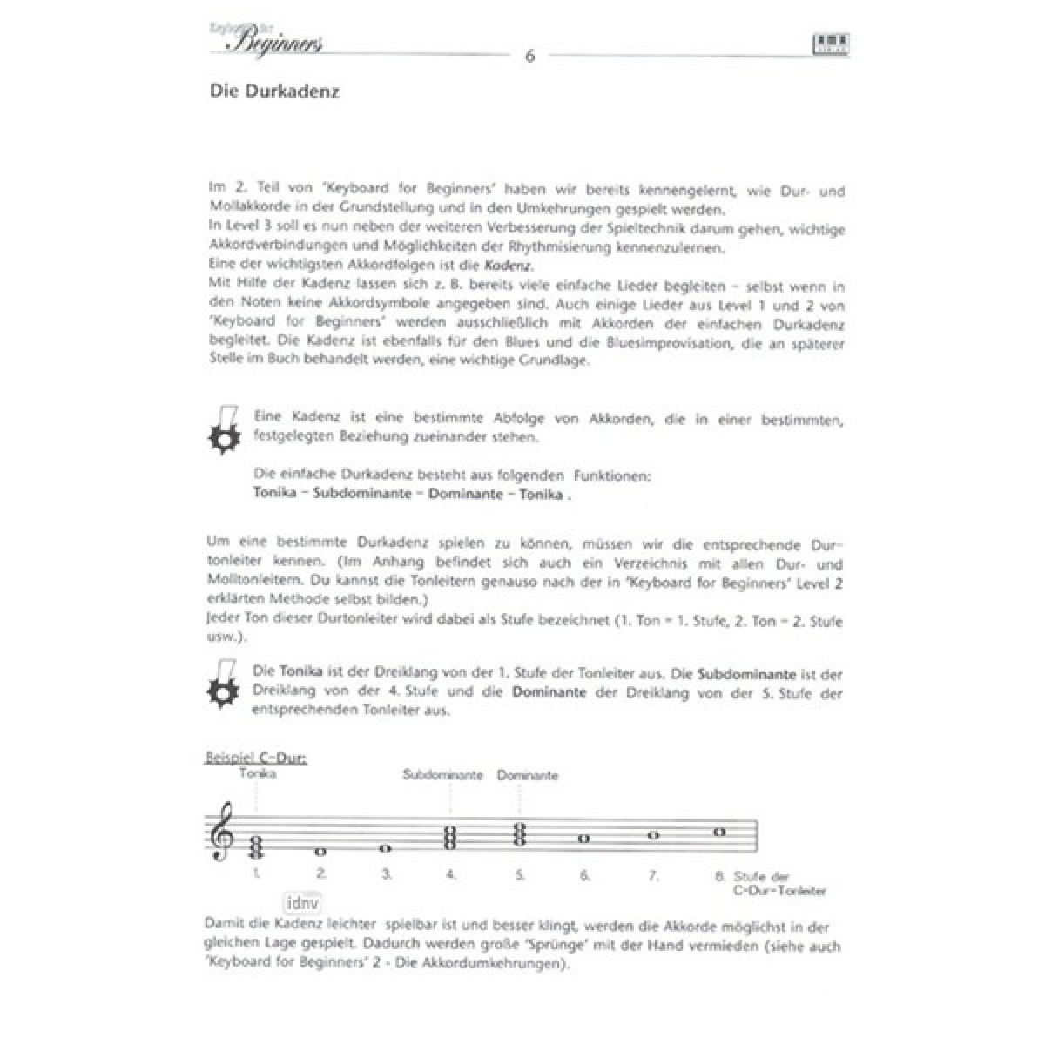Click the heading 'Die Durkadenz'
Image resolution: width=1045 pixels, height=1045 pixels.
(274, 91)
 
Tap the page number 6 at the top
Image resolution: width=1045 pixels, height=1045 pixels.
(529, 57)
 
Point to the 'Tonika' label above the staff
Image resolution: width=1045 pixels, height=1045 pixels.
(257, 772)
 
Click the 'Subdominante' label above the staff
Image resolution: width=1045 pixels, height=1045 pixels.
(443, 774)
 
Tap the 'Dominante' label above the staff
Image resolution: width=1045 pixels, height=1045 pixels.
(528, 775)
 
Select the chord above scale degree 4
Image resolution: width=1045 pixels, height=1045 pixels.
(452, 839)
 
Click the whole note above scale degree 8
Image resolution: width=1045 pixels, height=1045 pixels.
(719, 832)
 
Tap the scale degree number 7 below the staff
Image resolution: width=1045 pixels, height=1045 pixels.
(653, 874)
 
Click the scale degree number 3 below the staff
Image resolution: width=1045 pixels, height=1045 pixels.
(387, 874)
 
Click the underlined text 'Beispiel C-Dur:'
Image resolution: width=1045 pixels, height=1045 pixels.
(255, 758)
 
